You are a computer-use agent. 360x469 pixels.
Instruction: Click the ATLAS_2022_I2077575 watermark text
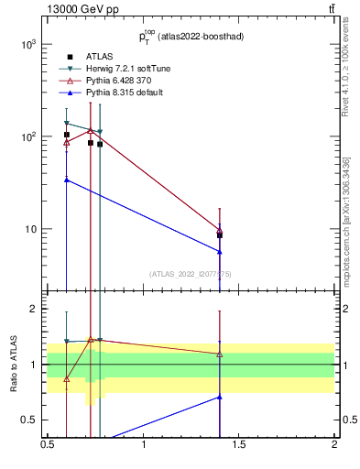click(x=191, y=273)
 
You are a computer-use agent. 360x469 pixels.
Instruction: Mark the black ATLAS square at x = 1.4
click(x=220, y=235)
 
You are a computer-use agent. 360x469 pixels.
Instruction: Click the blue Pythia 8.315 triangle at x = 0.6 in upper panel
click(x=67, y=180)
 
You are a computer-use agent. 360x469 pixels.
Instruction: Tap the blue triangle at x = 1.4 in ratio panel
click(x=220, y=397)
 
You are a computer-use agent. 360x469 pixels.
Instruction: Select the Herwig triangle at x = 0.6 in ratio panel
click(x=67, y=341)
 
